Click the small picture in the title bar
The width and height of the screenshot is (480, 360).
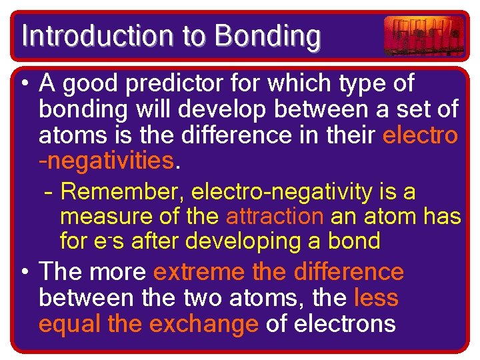[x=424, y=35]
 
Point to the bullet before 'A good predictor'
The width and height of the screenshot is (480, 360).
[x=25, y=85]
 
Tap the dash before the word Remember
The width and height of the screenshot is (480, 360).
[x=48, y=193]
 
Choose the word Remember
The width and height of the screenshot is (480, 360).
[x=122, y=193]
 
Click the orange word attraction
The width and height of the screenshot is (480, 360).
[x=274, y=217]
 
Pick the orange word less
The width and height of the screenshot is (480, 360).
[x=376, y=298]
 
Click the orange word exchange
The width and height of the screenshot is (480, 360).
[x=203, y=323]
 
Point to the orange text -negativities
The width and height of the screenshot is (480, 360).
[x=107, y=161]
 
